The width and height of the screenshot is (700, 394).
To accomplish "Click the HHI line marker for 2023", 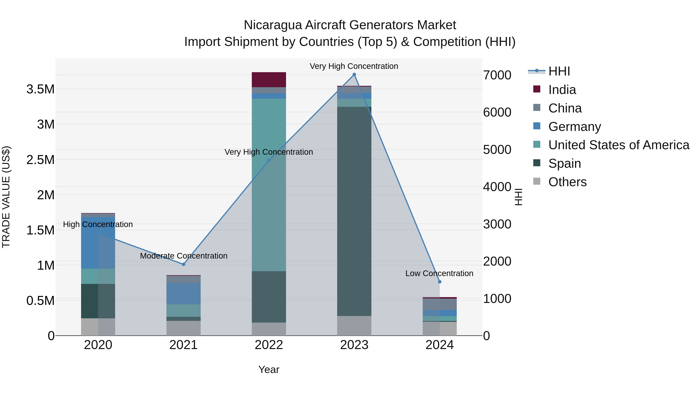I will pos(354,75).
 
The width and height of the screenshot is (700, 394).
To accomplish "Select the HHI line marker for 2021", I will pos(183,264).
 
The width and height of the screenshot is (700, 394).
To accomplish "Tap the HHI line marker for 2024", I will pos(440,282).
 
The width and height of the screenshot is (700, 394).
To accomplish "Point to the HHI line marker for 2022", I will pos(269,161).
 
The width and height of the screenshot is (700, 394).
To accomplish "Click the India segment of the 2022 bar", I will pos(269,80).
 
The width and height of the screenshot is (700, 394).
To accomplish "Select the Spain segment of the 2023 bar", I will pos(354,211).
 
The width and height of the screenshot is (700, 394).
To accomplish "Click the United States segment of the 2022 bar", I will pos(269,185).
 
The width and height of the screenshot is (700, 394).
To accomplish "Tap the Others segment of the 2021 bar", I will pos(183,328).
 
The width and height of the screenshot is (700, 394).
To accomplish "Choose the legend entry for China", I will pos(565,108).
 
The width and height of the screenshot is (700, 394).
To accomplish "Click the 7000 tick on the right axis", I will pos(497,75).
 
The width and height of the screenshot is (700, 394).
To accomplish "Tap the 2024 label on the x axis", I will pos(439,345).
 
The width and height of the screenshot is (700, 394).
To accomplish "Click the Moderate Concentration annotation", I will pos(184,256).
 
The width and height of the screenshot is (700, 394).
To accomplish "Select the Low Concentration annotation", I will pos(439,273).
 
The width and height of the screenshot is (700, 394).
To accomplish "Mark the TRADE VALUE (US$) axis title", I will pos(6,197).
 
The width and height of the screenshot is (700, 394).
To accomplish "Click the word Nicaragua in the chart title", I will pos(273,25).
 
